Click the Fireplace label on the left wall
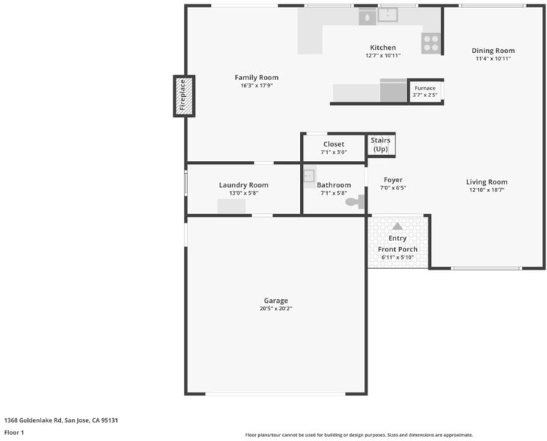[183, 95]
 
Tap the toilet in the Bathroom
[355, 201]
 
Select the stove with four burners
[431, 43]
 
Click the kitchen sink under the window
[387, 15]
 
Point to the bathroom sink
[309, 176]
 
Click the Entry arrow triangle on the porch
[397, 226]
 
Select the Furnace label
[425, 88]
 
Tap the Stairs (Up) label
[380, 144]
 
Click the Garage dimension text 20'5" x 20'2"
[276, 309]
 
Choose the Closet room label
[334, 144]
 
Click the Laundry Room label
[243, 185]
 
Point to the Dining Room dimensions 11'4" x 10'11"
[493, 59]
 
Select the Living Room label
[487, 182]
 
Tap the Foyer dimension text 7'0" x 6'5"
[393, 188]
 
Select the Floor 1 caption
[14, 433]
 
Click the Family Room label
[257, 77]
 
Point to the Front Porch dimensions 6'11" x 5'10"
[397, 258]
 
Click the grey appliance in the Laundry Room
[232, 206]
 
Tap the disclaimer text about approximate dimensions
[360, 435]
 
